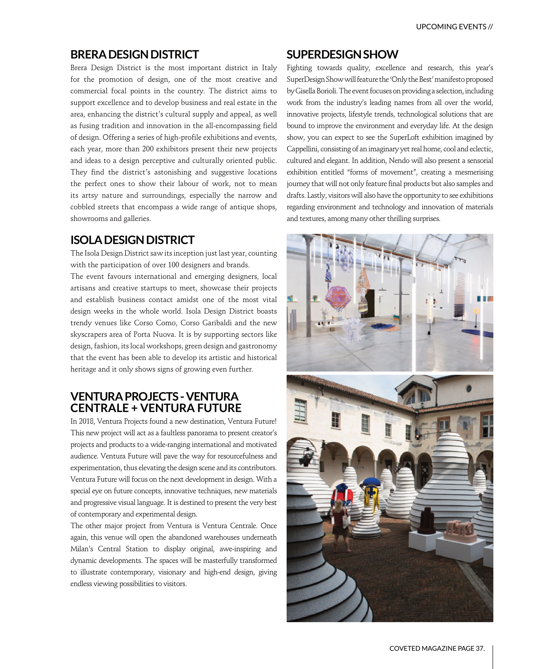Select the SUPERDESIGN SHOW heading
(342, 55)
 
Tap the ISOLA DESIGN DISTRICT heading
(132, 240)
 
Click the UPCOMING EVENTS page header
(454, 27)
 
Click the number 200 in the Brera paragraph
(148, 149)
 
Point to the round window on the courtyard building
(469, 389)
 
